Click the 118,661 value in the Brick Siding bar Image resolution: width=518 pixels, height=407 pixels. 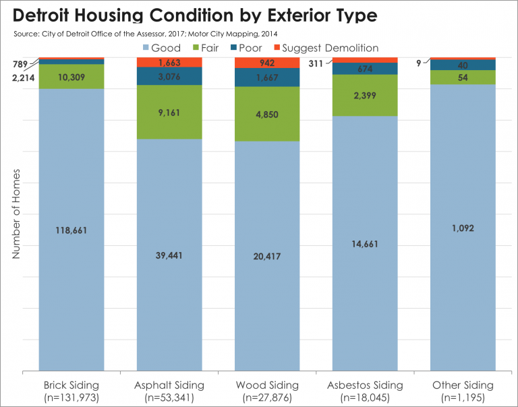[71, 230]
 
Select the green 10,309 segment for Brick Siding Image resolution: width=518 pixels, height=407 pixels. [71, 77]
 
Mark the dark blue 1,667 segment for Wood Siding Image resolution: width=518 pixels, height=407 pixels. [267, 77]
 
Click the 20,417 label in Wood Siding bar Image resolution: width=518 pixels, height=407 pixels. [267, 256]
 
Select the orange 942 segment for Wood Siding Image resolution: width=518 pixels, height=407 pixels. [267, 63]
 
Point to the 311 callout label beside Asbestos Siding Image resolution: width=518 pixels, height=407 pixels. [314, 64]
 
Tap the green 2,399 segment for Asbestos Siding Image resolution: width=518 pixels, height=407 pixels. [365, 95]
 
